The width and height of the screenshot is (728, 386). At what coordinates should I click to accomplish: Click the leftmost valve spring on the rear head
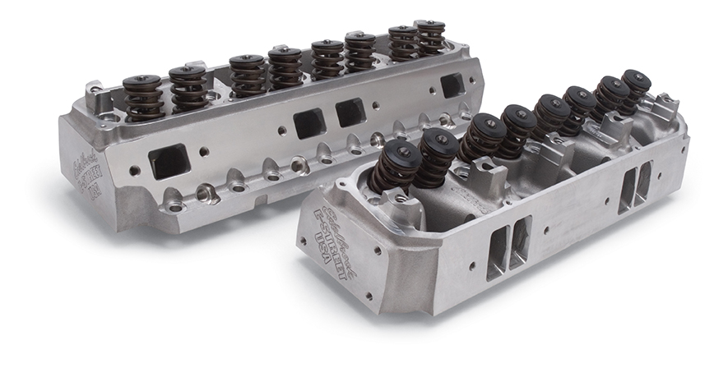[x=143, y=97]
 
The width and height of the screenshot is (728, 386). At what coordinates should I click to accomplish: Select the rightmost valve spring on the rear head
[x=429, y=38]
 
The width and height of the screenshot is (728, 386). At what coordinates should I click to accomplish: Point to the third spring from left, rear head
[x=246, y=75]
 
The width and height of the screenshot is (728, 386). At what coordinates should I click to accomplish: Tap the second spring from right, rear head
[x=403, y=43]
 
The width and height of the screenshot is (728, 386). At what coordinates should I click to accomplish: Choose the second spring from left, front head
[x=437, y=154]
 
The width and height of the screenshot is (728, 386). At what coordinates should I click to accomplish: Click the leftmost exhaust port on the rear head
[x=170, y=161]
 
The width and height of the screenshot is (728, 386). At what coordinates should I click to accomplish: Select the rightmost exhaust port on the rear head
[x=452, y=85]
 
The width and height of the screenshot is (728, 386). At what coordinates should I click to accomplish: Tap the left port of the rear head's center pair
[x=308, y=123]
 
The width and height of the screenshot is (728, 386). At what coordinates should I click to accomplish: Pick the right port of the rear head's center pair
[x=350, y=112]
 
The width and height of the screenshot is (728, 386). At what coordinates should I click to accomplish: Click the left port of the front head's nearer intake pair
[x=497, y=255]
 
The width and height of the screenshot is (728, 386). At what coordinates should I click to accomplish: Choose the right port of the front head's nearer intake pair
[x=521, y=241]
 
